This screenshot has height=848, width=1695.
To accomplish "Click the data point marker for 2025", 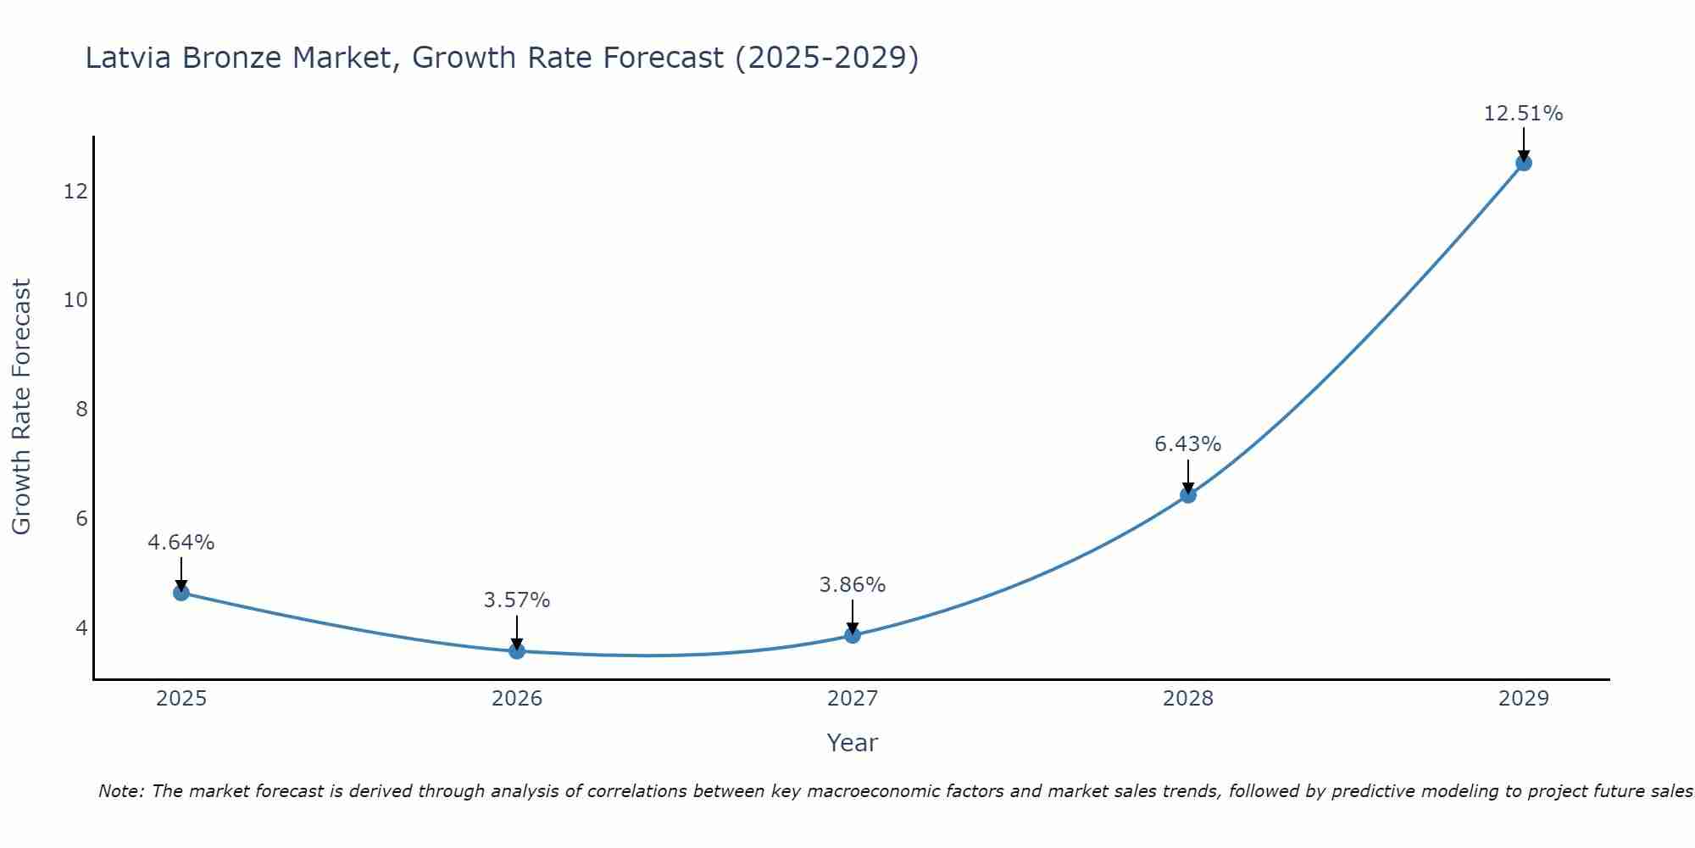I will (x=181, y=593).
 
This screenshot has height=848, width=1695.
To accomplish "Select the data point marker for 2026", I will (x=517, y=651).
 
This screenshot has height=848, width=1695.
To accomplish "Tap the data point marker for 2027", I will (x=853, y=635).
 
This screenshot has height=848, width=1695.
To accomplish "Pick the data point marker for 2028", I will (x=1188, y=495).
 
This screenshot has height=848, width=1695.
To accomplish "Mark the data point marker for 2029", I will (x=1524, y=163).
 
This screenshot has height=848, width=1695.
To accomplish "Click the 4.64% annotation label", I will (x=181, y=543).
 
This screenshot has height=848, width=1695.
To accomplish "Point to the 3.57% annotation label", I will (x=517, y=600).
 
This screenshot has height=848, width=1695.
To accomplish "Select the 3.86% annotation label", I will (x=853, y=585).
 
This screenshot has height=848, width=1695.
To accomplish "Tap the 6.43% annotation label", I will (x=1188, y=444).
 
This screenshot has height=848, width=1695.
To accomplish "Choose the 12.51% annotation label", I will (x=1524, y=114).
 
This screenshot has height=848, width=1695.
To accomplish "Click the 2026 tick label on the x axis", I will (x=517, y=699).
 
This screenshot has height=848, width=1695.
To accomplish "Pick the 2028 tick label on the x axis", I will (x=1188, y=699).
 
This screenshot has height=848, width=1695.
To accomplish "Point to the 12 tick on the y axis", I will (x=76, y=192).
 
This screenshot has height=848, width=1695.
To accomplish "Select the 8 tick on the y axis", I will (x=81, y=410).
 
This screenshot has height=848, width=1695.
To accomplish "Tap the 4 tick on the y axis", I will (x=81, y=628).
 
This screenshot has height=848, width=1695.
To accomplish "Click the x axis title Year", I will (x=853, y=743).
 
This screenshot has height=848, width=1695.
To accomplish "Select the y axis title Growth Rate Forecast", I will (x=22, y=407).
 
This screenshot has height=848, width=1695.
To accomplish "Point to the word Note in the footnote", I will (x=122, y=791).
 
